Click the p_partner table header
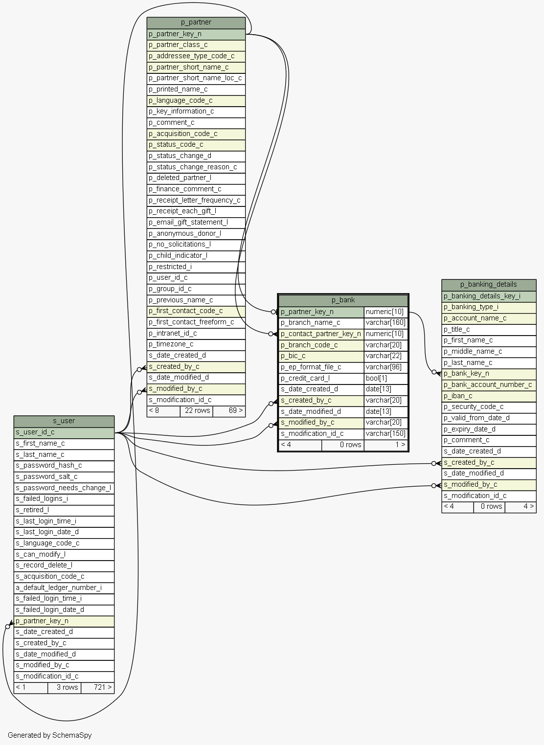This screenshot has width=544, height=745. pyautogui.click(x=196, y=23)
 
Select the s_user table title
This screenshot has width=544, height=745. pyautogui.click(x=64, y=421)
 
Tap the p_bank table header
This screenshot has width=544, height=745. pyautogui.click(x=343, y=300)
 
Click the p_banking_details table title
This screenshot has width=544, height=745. pyautogui.click(x=488, y=285)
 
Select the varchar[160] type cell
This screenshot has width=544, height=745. pyautogui.click(x=385, y=323)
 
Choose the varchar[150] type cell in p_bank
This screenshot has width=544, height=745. pyautogui.click(x=385, y=434)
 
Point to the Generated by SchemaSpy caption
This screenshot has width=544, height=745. pyautogui.click(x=49, y=735)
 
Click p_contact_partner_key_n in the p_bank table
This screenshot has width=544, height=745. pyautogui.click(x=321, y=334)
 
